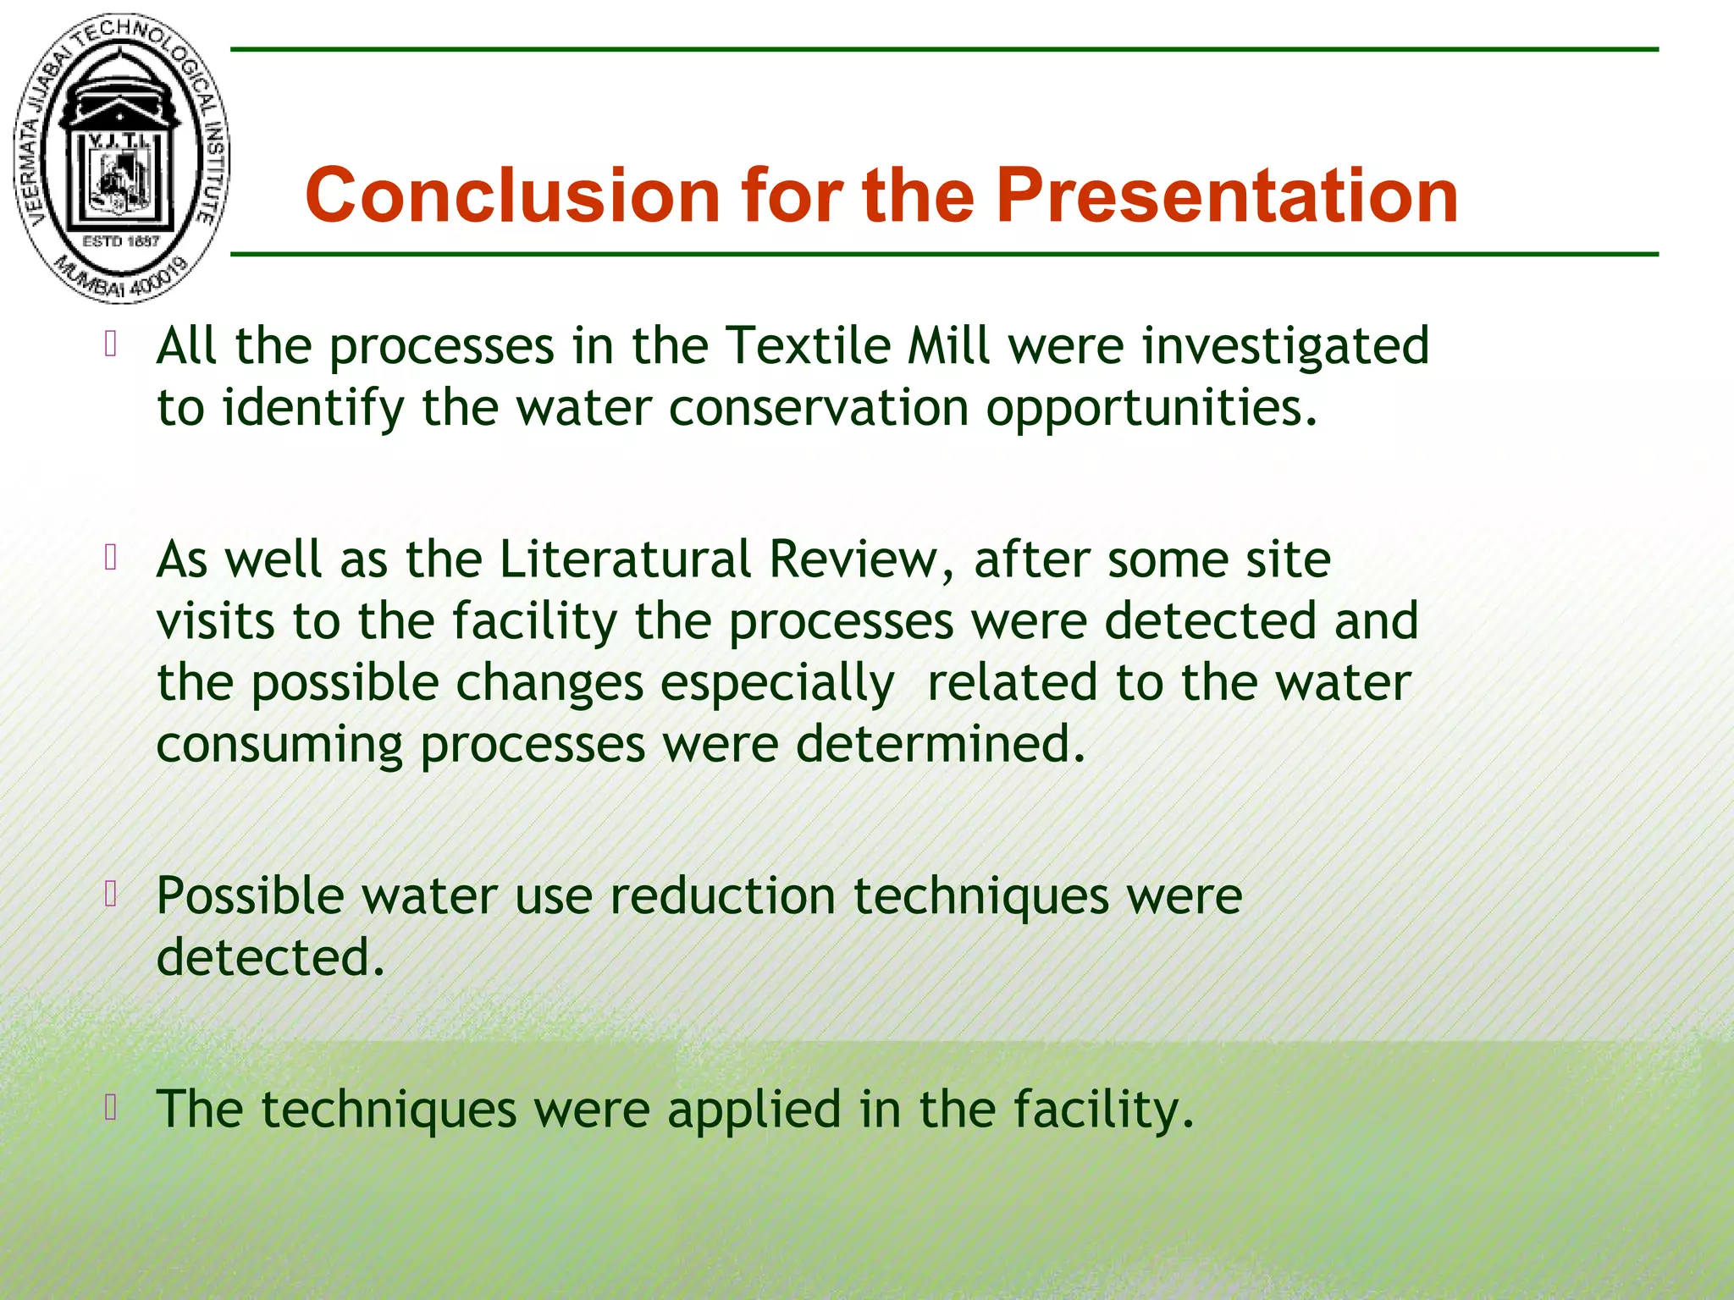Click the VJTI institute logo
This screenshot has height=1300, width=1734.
(121, 158)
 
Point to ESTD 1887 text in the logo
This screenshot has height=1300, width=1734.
(121, 241)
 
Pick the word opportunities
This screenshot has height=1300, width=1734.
(1151, 408)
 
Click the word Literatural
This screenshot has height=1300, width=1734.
(625, 559)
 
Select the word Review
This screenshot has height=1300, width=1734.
(860, 559)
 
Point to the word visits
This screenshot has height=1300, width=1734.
(216, 621)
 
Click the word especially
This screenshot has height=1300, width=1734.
(776, 684)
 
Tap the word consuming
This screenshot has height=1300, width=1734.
(279, 745)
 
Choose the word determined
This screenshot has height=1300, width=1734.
(940, 745)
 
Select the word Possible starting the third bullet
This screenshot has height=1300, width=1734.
(250, 896)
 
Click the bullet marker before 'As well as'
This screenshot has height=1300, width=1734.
(110, 558)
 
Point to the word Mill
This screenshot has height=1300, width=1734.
(947, 346)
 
